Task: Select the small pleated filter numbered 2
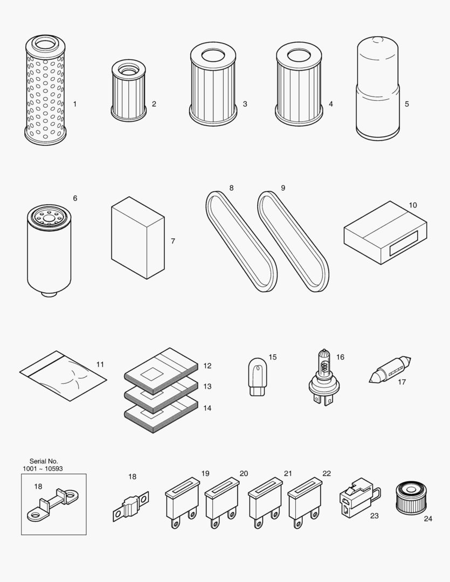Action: [x=128, y=91]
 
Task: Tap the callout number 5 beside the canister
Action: [x=407, y=104]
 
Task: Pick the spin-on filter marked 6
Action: [x=49, y=251]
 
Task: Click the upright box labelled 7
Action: [x=137, y=238]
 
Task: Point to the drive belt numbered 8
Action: [x=241, y=241]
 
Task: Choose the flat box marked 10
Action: [x=385, y=233]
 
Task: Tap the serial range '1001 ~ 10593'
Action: [x=43, y=469]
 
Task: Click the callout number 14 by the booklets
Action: [x=207, y=408]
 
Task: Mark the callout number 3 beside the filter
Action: [x=245, y=104]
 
